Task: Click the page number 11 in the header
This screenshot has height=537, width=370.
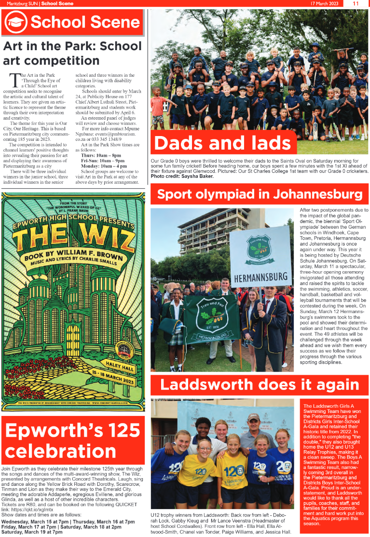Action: coord(356,3)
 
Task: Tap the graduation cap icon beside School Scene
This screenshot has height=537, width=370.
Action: coord(16,22)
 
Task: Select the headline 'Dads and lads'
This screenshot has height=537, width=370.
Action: coord(223,143)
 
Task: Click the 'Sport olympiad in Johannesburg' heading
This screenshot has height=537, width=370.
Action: coord(260,194)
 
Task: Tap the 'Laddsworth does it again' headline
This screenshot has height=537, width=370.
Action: coord(260,385)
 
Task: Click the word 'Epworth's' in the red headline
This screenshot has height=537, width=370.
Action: coord(48,429)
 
